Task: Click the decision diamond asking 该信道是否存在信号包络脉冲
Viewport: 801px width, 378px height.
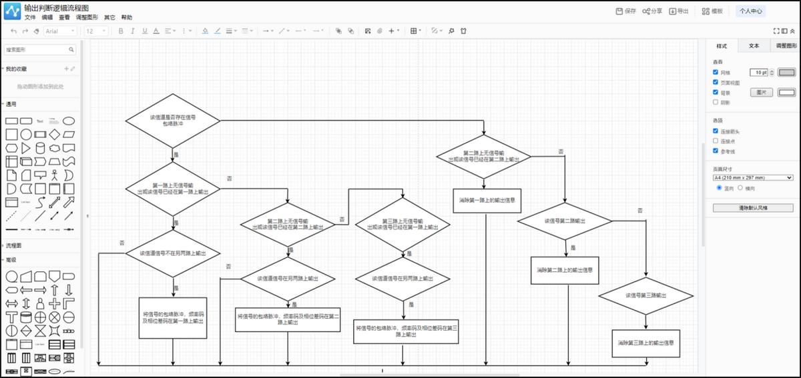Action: coord(173,121)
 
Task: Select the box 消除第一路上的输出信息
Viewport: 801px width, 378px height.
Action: coord(486,200)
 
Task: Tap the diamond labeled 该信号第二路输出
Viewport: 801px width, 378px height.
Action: coord(565,221)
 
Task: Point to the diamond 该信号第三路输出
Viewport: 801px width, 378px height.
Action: coord(645,295)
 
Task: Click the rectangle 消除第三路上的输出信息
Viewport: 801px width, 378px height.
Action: coord(645,343)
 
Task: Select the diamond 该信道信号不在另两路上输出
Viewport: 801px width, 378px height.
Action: coord(173,253)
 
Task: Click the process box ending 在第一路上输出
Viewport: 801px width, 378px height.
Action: coord(173,317)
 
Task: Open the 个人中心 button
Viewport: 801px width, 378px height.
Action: coord(750,11)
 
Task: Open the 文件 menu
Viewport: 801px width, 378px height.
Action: coord(30,18)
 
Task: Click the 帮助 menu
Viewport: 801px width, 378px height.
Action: coord(126,18)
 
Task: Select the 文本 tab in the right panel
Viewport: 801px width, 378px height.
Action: coord(754,46)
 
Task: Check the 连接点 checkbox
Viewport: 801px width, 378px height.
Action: coord(716,141)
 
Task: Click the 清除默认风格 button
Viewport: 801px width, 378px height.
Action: coord(753,208)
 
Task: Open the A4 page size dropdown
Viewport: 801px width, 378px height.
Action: coord(753,177)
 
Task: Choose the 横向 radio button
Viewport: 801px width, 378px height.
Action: coord(740,188)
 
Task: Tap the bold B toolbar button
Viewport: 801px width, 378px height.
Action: coord(121,31)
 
